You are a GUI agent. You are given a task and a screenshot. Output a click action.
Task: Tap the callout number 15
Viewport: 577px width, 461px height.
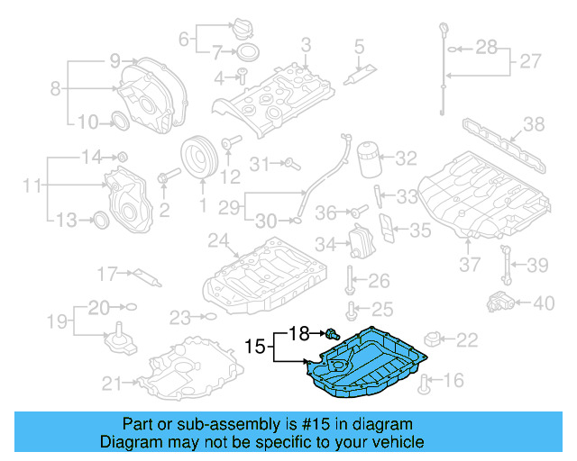pyautogui.click(x=255, y=345)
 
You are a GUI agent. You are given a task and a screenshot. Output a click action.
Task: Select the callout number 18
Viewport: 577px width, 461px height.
pyautogui.click(x=298, y=333)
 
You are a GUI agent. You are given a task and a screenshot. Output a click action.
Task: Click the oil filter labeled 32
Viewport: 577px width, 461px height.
pyautogui.click(x=368, y=160)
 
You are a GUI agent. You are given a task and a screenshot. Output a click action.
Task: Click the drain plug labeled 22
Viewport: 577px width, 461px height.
pyautogui.click(x=434, y=340)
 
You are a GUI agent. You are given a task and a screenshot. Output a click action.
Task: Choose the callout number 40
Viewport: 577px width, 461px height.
pyautogui.click(x=544, y=303)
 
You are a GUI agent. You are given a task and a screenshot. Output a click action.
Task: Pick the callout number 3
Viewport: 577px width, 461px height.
pyautogui.click(x=306, y=44)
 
